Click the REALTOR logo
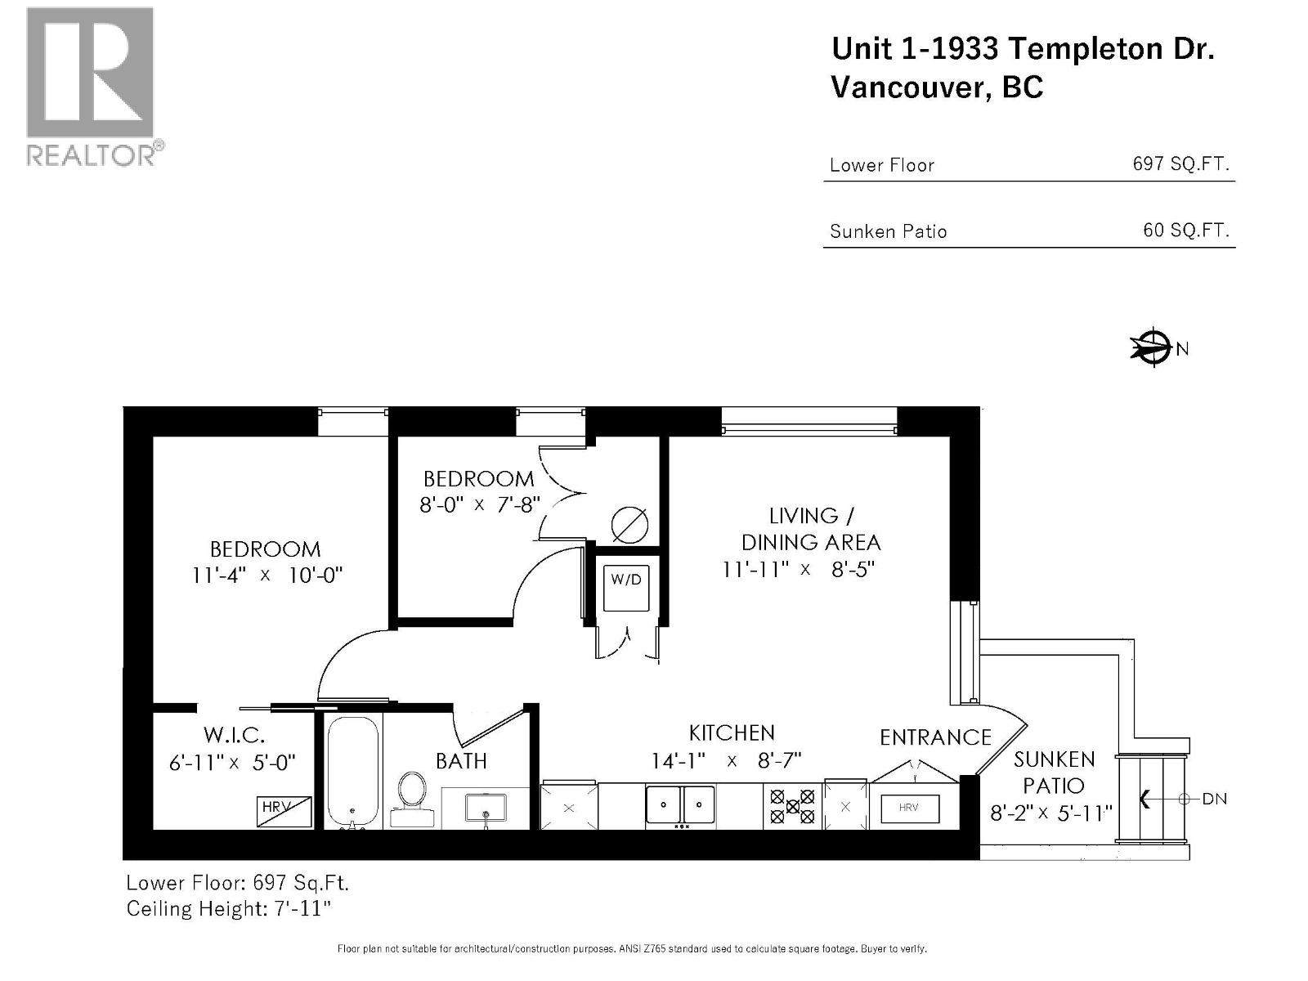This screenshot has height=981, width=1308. [x=90, y=86]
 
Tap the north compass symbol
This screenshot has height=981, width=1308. [x=1152, y=348]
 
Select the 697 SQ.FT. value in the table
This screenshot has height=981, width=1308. [x=1180, y=163]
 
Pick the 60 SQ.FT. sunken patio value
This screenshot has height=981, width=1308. [x=1185, y=231]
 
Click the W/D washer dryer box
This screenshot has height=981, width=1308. [x=626, y=586]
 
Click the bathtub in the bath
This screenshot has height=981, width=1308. [x=353, y=772]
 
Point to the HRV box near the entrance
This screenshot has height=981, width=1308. [x=908, y=809]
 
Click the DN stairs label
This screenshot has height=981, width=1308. [x=1214, y=799]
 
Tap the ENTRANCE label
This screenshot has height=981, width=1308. [x=935, y=737]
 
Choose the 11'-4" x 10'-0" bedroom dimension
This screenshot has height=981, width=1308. [x=267, y=575]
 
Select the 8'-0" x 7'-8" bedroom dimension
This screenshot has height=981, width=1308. [x=480, y=504]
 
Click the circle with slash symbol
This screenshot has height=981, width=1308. [x=630, y=526]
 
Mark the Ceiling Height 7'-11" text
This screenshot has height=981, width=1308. [x=228, y=908]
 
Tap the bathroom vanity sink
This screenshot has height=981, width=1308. [x=486, y=808]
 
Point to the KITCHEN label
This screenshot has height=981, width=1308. [x=731, y=732]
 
